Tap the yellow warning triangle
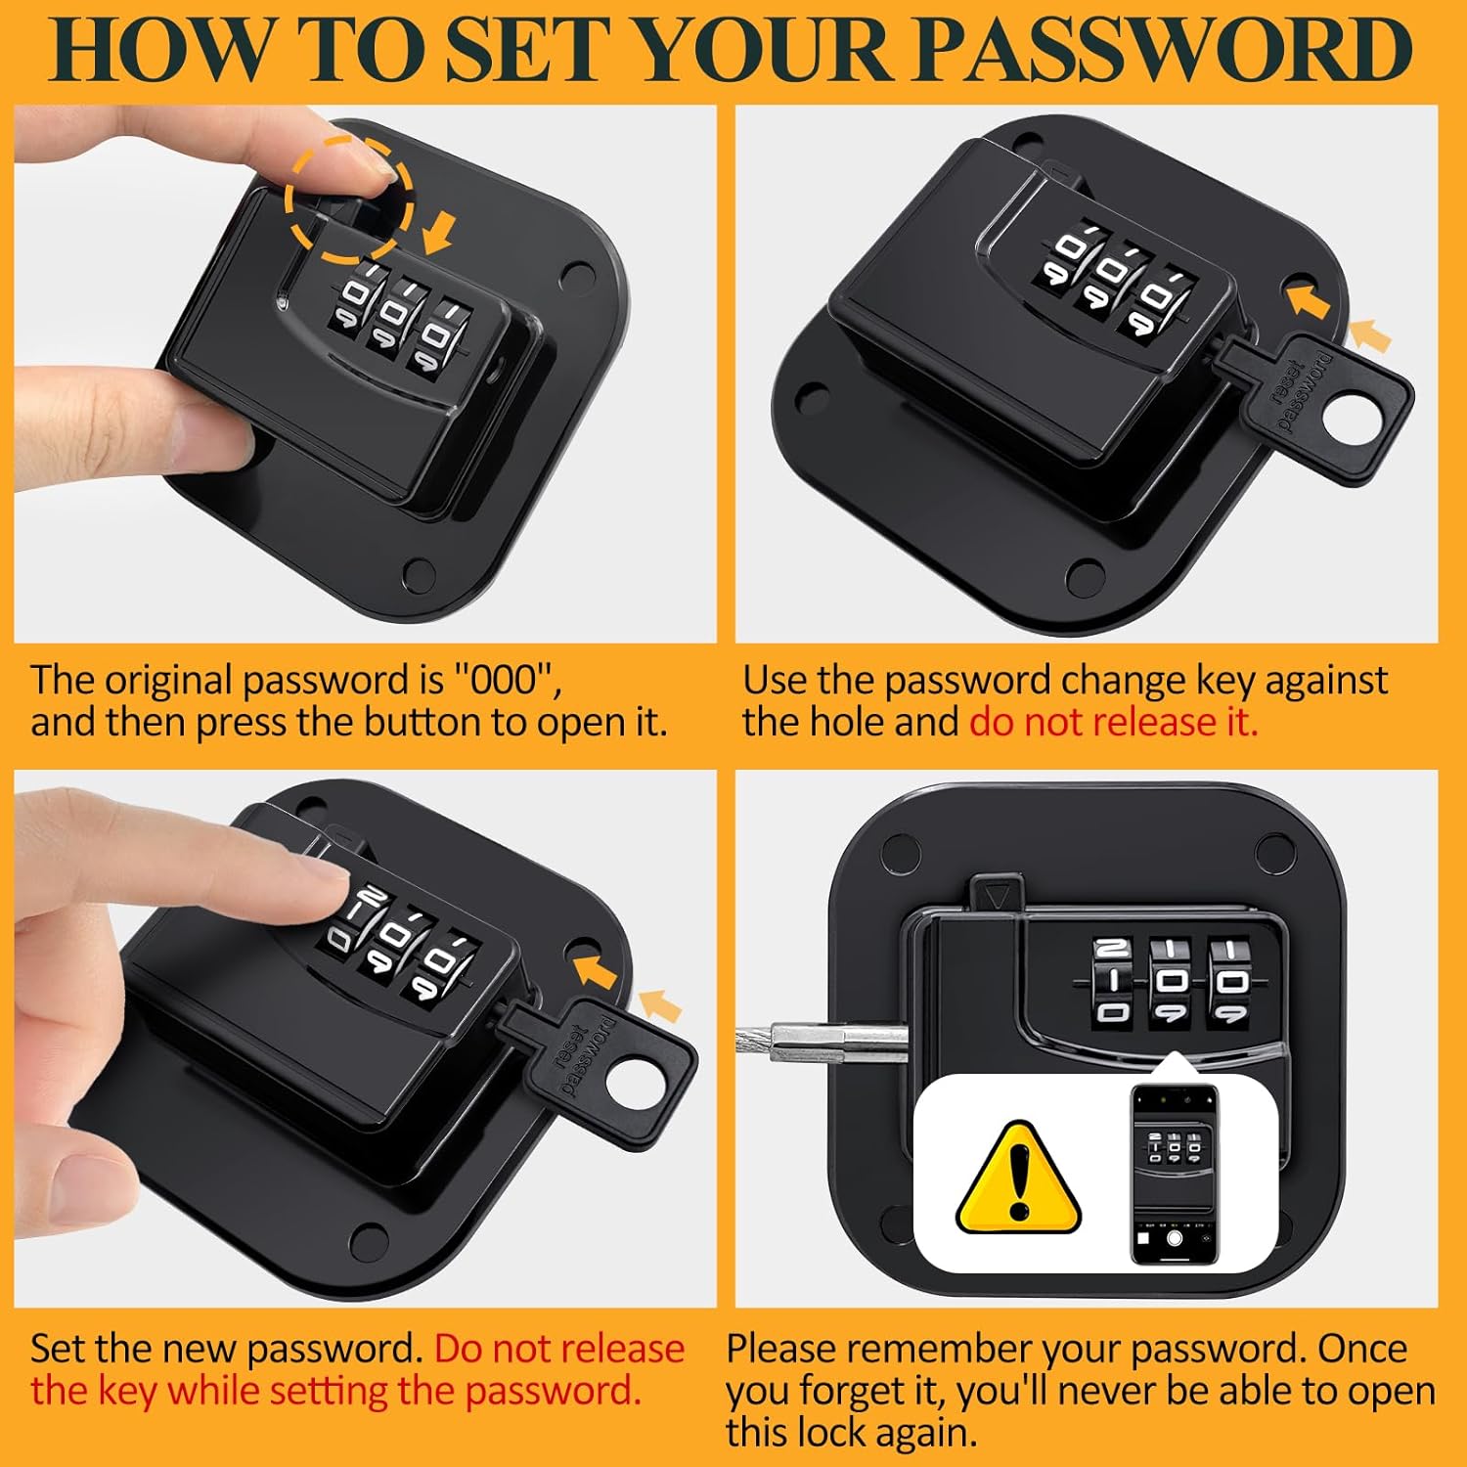coord(1018,1177)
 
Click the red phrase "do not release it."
coord(1113,722)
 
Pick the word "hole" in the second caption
coord(848,722)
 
